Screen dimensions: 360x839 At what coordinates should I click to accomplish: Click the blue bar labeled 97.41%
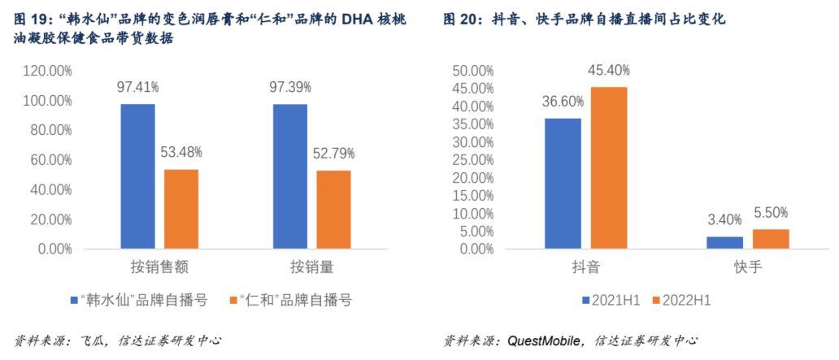click(x=137, y=176)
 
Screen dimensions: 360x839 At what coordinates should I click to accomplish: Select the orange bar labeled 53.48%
click(x=181, y=209)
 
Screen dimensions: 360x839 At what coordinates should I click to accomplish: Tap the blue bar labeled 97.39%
click(x=290, y=176)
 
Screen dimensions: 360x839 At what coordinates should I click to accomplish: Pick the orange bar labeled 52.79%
click(x=333, y=210)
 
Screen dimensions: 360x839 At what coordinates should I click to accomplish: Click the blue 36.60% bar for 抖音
click(x=563, y=184)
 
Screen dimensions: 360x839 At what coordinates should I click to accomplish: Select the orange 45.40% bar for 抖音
click(x=609, y=167)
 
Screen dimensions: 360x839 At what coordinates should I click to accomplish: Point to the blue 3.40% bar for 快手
click(x=724, y=242)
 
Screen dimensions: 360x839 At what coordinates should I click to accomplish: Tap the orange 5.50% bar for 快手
click(x=771, y=239)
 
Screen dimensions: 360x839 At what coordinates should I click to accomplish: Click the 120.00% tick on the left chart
click(x=46, y=71)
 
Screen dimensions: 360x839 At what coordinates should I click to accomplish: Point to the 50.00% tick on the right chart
click(x=472, y=71)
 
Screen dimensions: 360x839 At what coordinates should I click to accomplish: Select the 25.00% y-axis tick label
click(x=472, y=160)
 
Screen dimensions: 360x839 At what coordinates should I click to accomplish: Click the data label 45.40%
click(x=609, y=71)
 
